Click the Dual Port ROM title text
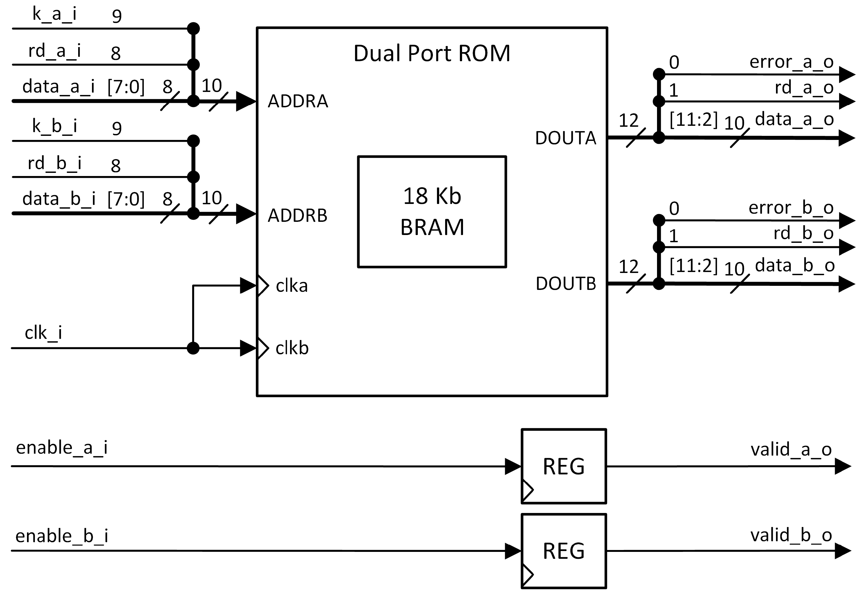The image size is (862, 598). (431, 53)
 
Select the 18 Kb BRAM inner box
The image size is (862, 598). (432, 212)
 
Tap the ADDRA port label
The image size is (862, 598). (298, 101)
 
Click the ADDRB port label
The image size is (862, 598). (297, 216)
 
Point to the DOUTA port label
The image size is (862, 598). (565, 138)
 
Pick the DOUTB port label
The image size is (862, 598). (566, 284)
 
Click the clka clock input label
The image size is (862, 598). (292, 286)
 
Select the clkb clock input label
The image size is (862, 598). (292, 349)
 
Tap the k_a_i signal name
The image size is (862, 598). (54, 14)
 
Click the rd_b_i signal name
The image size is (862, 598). (54, 163)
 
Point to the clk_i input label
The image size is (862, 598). (43, 333)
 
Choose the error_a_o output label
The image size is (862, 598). (791, 62)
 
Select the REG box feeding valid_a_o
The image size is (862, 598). (563, 466)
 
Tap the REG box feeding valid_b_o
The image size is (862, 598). (563, 551)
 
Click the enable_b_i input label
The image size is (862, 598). (62, 536)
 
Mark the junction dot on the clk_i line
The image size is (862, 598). (193, 348)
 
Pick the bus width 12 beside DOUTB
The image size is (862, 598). (628, 267)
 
